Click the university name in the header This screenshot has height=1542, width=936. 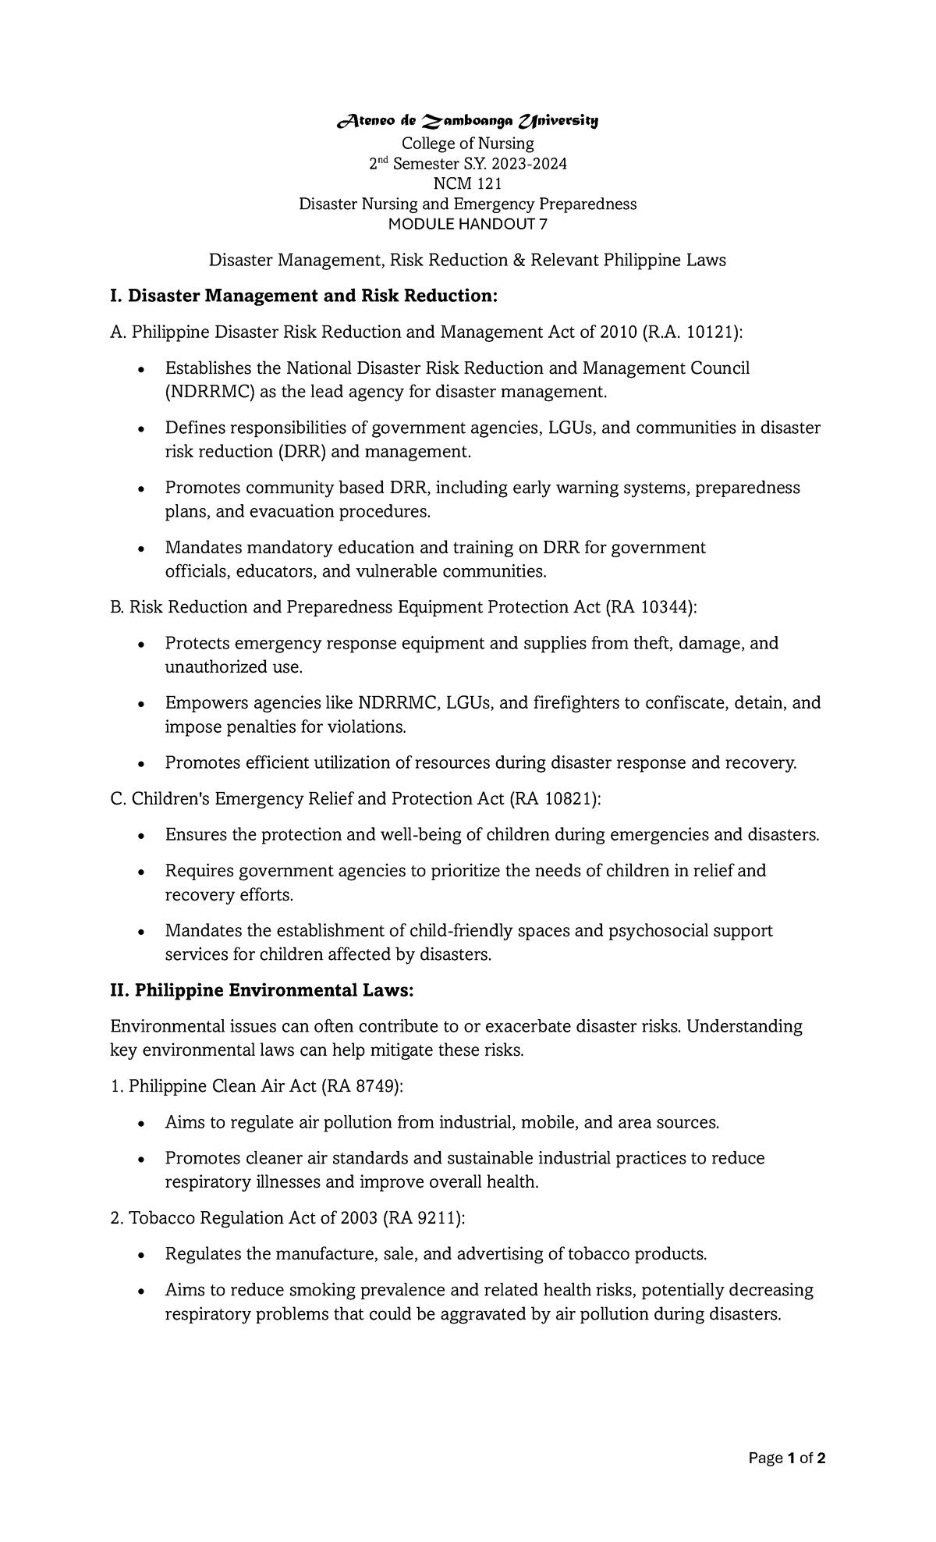467,121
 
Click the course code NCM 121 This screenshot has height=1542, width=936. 468,183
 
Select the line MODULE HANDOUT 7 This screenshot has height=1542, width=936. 468,224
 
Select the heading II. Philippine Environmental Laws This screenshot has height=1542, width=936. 262,990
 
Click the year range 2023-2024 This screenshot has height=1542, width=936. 524,164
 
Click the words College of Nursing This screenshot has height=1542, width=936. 468,144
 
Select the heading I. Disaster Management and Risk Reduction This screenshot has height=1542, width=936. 304,297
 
